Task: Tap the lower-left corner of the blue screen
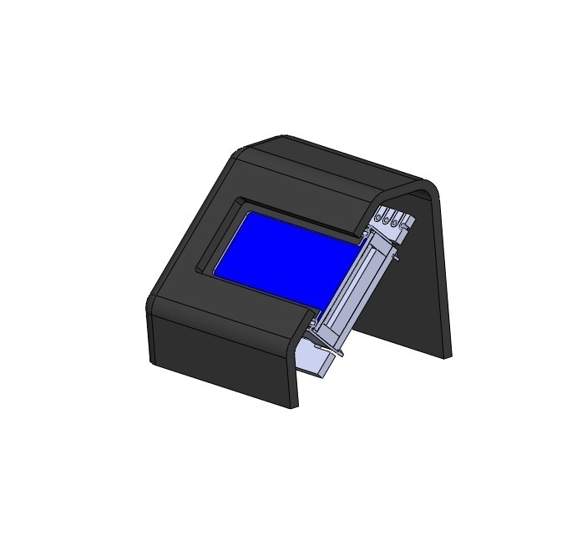(215, 275)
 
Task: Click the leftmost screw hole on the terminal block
(378, 219)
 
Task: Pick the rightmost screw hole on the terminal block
(407, 225)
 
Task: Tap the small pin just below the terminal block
(396, 256)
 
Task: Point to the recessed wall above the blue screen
(301, 214)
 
